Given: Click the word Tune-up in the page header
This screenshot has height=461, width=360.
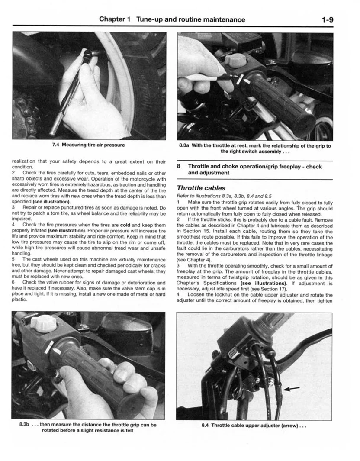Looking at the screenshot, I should [x=151, y=19].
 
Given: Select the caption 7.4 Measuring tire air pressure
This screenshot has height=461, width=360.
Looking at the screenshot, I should [x=89, y=145].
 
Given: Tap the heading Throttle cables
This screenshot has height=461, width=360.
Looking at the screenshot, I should [x=201, y=188].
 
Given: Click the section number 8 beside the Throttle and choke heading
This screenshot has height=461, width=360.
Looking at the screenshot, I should [x=179, y=166].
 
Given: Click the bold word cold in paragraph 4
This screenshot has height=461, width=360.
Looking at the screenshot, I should [x=125, y=225].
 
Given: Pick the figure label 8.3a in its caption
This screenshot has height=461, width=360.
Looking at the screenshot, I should [x=184, y=146].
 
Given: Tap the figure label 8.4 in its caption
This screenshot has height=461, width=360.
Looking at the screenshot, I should [x=206, y=426].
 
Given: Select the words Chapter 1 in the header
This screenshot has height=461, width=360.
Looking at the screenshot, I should [x=115, y=19].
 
